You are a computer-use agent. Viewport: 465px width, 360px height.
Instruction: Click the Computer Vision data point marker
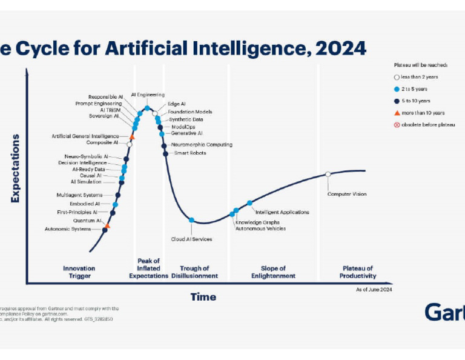click(x=328, y=174)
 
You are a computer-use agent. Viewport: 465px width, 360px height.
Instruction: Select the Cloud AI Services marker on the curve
click(x=191, y=220)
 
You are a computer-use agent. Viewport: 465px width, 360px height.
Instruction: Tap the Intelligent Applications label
click(x=282, y=212)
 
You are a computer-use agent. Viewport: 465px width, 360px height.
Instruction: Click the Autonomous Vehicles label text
click(x=260, y=228)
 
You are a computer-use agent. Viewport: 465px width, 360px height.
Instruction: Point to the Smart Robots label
click(x=190, y=153)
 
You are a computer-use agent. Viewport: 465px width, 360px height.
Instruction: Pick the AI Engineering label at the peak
click(x=147, y=95)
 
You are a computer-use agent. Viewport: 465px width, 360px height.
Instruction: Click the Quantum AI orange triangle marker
click(x=108, y=225)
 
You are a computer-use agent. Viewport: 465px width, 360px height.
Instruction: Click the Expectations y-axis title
click(x=15, y=168)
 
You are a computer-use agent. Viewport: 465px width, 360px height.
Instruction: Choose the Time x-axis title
click(x=203, y=297)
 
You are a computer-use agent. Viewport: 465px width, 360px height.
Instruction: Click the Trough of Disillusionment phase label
click(x=194, y=272)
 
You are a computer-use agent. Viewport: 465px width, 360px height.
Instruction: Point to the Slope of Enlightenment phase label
click(x=274, y=272)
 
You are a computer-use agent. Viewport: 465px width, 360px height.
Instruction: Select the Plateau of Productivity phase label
click(x=358, y=272)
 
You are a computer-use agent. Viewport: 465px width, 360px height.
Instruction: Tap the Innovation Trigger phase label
click(x=79, y=272)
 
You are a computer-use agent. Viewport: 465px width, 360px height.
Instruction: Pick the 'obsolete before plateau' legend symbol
click(x=397, y=125)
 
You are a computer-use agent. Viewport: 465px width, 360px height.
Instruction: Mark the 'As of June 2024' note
click(x=374, y=290)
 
